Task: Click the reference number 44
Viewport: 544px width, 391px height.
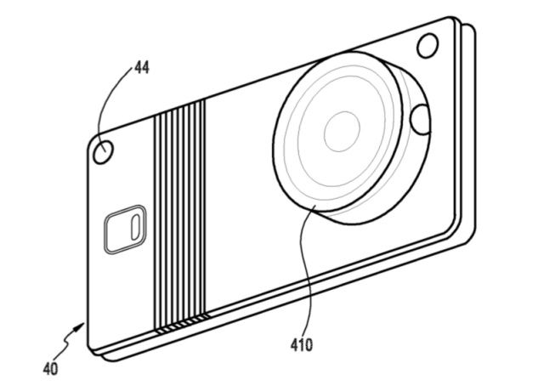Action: pyautogui.click(x=142, y=67)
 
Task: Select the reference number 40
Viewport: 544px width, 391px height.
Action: pyautogui.click(x=50, y=369)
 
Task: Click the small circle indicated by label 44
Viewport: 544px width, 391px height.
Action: pyautogui.click(x=104, y=151)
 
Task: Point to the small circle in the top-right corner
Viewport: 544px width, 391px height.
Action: pyautogui.click(x=428, y=46)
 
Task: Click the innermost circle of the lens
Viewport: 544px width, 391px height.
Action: pyautogui.click(x=342, y=132)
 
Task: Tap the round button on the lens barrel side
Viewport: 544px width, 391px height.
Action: pyautogui.click(x=420, y=120)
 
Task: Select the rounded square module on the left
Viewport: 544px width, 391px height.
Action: pyautogui.click(x=125, y=229)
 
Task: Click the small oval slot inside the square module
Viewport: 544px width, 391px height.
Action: pyautogui.click(x=135, y=227)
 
